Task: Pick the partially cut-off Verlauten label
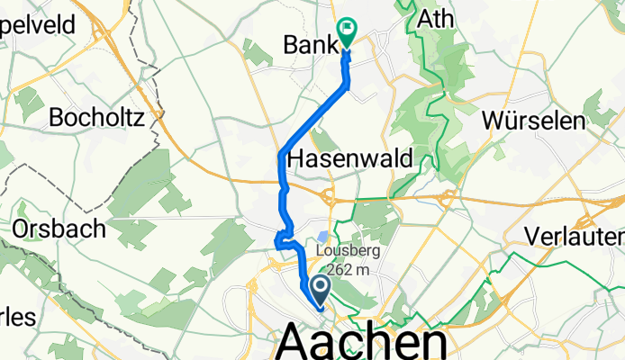coord(575,236)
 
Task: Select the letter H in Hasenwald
coord(295,159)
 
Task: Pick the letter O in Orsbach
coord(22,229)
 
